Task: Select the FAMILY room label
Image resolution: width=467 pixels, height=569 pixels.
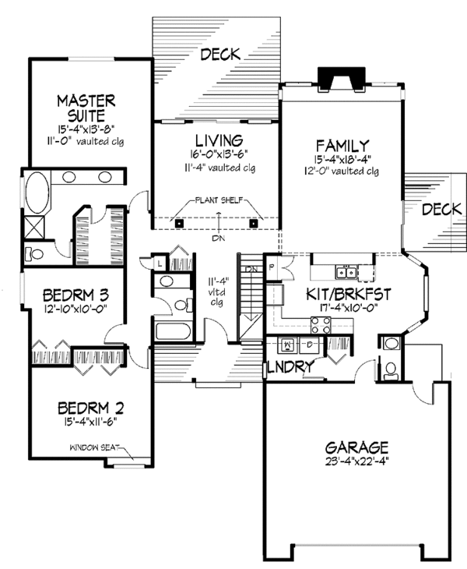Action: click(342, 145)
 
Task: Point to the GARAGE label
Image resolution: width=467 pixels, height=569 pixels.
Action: click(358, 447)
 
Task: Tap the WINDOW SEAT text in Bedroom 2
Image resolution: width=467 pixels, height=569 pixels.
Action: click(94, 447)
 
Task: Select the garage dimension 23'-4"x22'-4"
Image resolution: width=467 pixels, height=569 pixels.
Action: click(358, 461)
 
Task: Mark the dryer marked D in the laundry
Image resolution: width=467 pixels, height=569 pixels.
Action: click(307, 343)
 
